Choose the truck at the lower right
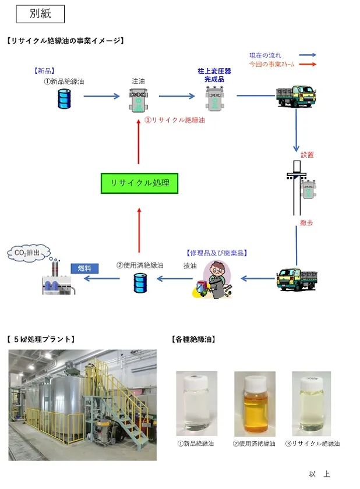[295, 279]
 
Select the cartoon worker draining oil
[213, 279]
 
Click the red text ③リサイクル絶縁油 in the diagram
[175, 121]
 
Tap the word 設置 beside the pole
[307, 155]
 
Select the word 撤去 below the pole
[306, 222]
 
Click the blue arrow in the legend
[306, 55]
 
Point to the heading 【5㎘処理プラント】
[40, 339]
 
